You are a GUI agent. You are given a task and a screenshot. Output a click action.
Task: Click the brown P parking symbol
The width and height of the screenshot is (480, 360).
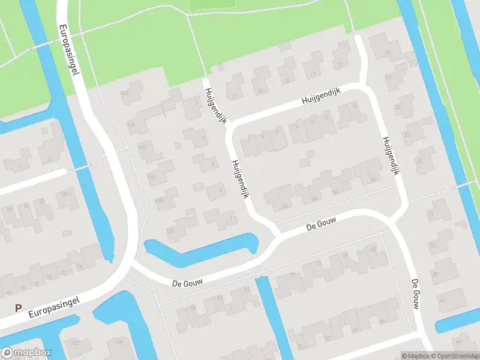point(19,308)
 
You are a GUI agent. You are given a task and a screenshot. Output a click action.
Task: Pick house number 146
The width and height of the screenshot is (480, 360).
point(125,94)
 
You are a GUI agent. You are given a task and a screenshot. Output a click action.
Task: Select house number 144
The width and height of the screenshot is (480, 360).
point(131,124)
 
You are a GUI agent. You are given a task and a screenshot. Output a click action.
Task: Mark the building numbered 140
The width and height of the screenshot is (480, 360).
point(151,177)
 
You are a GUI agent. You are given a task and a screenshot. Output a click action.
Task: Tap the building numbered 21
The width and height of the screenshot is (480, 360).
point(388,53)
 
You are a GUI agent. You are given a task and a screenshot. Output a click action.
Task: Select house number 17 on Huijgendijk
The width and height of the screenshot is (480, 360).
point(313,75)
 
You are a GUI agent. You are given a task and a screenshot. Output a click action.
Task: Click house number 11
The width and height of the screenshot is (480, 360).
point(235,95)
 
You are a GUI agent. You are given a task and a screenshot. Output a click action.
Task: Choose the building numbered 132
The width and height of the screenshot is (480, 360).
point(75,342)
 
